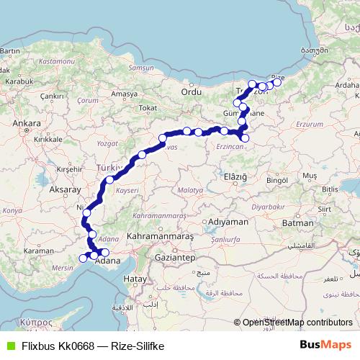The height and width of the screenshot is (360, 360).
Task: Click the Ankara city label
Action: coord(27,122)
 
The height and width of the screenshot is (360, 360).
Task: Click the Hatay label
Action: coord(135,278)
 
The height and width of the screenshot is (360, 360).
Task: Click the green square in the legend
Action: coord(9,346)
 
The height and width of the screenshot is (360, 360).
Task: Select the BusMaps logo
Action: coord(326,345)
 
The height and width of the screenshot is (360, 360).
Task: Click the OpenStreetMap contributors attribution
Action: coord(297,323)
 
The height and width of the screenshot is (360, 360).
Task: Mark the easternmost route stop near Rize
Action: coord(277,83)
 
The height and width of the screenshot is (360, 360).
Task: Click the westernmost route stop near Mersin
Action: coord(82,258)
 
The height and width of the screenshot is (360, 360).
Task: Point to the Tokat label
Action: coord(148,108)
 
